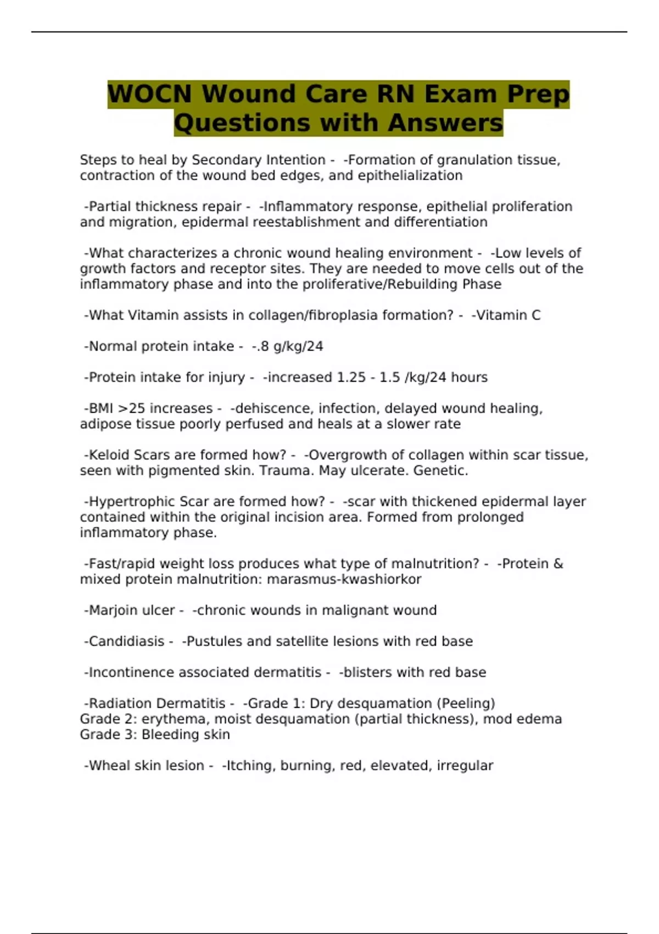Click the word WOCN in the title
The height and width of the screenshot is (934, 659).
coord(149,94)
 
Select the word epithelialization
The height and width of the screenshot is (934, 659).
coord(410,176)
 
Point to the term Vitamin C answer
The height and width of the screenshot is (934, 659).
coord(508,315)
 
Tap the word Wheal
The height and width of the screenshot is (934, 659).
coord(109,766)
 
